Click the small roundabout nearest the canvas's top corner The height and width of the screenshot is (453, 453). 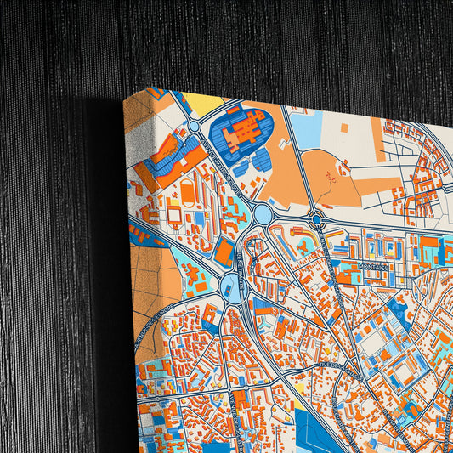[x=194, y=127]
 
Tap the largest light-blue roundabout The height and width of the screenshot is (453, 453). [x=263, y=215]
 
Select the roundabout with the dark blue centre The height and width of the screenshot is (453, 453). [x=316, y=219]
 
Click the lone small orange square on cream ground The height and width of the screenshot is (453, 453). [x=344, y=127]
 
